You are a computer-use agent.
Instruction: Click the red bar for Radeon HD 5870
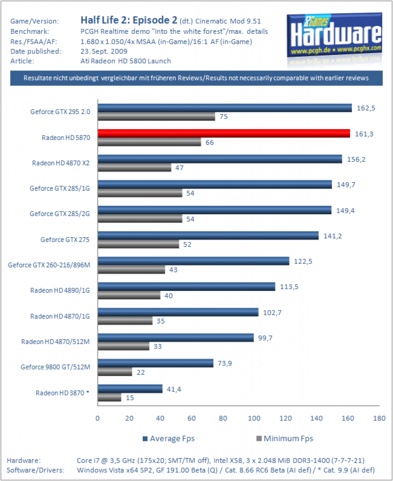coord(224,133)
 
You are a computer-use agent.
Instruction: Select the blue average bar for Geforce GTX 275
coord(208,235)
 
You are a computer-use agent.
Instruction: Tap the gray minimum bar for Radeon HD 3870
coord(109,397)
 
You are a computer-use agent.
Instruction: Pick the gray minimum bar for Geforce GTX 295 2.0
coord(156,116)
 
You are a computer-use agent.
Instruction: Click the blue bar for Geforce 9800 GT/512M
coord(155,363)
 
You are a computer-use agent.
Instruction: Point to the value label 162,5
coord(366,108)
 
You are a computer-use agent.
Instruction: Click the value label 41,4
coord(174,389)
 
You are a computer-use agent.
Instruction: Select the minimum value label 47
coord(179,168)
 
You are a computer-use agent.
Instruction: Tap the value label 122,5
coord(303,261)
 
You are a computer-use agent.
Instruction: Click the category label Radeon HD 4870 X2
coord(61,163)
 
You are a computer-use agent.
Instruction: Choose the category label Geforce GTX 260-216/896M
coord(49,265)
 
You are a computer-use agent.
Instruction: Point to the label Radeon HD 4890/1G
coord(60,290)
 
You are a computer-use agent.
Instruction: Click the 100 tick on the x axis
coord(254,418)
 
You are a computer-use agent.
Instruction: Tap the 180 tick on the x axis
coord(379,418)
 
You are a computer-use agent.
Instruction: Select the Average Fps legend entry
coord(168,439)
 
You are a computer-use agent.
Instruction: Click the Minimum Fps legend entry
coord(285,439)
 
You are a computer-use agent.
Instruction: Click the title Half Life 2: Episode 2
coord(129,20)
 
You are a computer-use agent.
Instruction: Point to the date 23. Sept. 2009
coord(104,51)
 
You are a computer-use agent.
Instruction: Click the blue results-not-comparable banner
coord(196,78)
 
